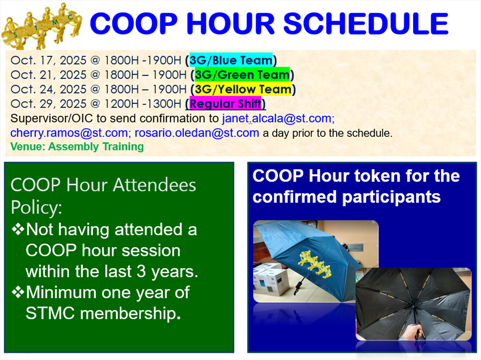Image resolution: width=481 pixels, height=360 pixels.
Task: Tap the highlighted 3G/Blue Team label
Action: tap(231, 60)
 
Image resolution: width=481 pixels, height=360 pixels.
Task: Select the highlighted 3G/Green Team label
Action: tap(242, 74)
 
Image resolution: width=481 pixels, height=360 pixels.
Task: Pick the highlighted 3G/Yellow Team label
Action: tap(243, 89)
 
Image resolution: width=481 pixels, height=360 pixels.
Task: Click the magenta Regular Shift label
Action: tap(225, 104)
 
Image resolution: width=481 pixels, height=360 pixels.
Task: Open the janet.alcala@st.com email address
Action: tap(278, 119)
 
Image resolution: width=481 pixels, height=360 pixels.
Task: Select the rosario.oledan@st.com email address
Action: tap(197, 133)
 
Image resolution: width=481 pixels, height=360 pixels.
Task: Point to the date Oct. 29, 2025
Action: tap(49, 104)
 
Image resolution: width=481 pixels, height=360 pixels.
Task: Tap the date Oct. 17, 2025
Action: tap(49, 60)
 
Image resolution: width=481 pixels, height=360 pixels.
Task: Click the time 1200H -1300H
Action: tap(143, 104)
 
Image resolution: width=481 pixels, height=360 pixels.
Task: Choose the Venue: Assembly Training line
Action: tap(77, 147)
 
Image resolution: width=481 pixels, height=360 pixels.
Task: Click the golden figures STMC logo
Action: tap(42, 26)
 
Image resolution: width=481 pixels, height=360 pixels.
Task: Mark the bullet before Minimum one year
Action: tap(18, 292)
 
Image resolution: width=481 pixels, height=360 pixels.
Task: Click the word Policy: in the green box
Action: tap(36, 208)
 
